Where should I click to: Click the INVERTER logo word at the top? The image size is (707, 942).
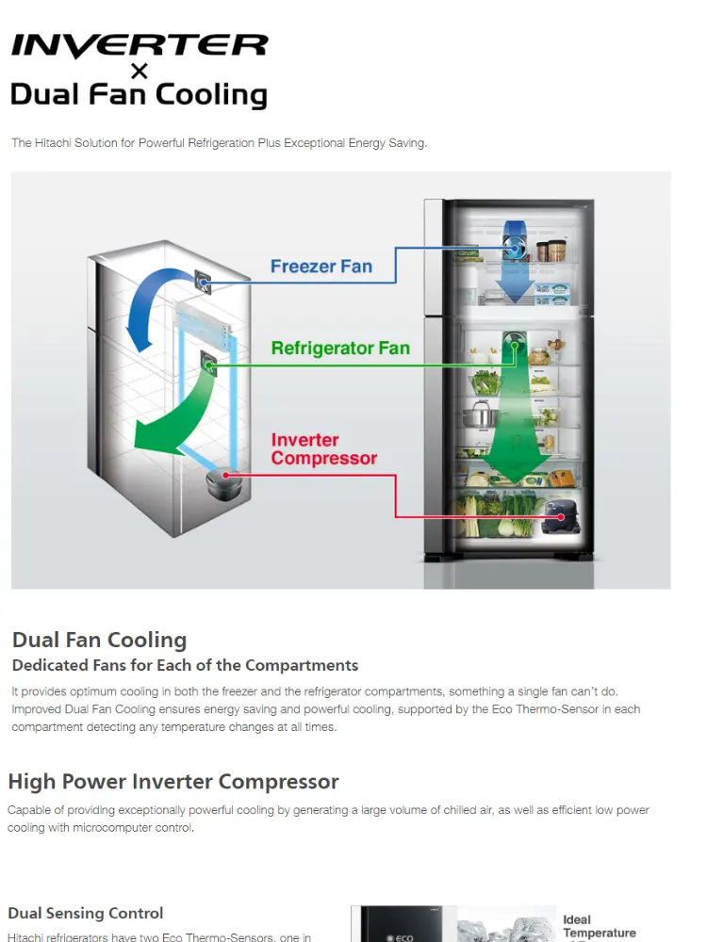coord(140,46)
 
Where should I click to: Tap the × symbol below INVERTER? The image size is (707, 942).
coord(140,72)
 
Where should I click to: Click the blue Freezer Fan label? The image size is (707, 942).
coord(321,267)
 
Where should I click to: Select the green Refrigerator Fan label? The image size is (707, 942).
coord(340,349)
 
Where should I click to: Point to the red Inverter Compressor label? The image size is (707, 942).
coord(323,449)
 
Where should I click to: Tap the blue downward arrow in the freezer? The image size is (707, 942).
coord(516,273)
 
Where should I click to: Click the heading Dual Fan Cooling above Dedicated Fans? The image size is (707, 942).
coord(99,641)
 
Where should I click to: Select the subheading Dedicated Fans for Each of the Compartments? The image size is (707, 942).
coord(185,666)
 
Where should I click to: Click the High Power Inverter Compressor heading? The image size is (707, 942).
coord(173,782)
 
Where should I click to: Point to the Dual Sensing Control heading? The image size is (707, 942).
coord(86,913)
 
